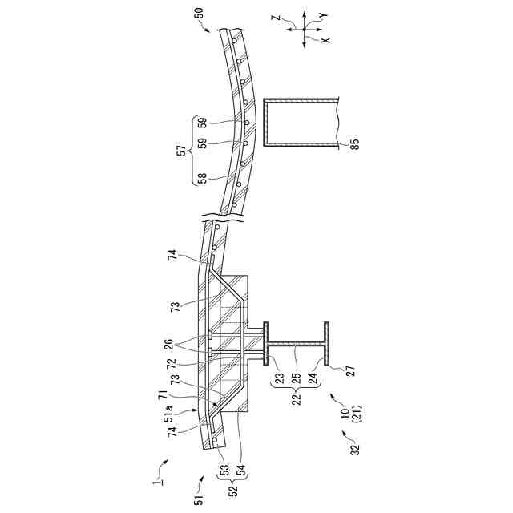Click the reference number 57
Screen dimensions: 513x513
182,150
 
